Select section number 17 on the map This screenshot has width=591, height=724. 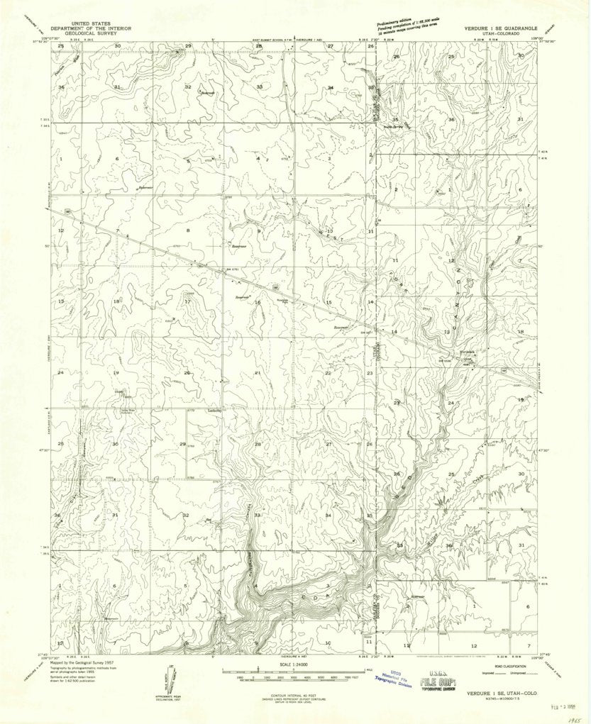point(187,302)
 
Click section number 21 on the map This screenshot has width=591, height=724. point(258,372)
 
